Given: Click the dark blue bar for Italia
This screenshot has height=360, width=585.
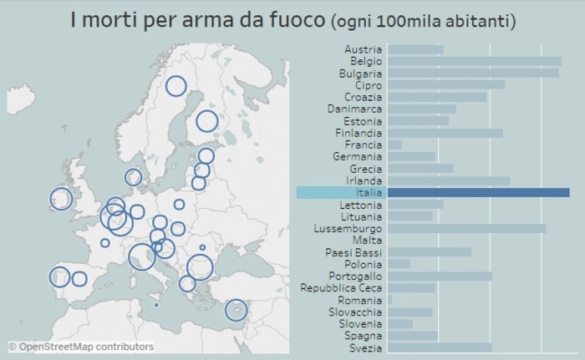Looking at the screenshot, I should tap(479, 193).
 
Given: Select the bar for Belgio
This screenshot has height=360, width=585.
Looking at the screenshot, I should tap(475, 61).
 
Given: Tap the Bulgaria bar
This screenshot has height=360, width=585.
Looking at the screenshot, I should tap(473, 73).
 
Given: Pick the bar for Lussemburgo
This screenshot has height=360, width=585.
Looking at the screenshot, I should tap(467, 228).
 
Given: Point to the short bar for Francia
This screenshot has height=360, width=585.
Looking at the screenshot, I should tap(394, 145).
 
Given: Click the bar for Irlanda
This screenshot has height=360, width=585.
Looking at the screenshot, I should tap(449, 180).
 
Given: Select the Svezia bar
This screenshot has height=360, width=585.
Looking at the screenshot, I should tap(440, 347).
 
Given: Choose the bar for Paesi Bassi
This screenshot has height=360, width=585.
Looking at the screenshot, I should tap(430, 252).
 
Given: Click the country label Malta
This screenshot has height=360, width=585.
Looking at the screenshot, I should tap(367, 241).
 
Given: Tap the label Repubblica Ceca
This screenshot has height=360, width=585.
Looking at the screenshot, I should tap(341, 288).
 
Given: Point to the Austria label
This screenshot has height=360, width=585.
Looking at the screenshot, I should tap(363, 49).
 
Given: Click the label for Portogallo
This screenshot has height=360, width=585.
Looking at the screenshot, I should tap(355, 276).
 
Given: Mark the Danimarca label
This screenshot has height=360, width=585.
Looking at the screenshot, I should tap(354, 109).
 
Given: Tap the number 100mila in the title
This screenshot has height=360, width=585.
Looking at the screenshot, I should tap(413, 19).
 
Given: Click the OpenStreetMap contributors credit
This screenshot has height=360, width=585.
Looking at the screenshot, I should tap(81, 346).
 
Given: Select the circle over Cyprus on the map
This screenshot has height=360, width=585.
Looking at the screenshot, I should tap(237, 311).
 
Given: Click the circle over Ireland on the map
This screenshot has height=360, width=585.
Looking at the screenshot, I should tap(61, 199).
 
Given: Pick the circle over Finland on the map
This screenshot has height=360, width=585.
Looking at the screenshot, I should tap(206, 121).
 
